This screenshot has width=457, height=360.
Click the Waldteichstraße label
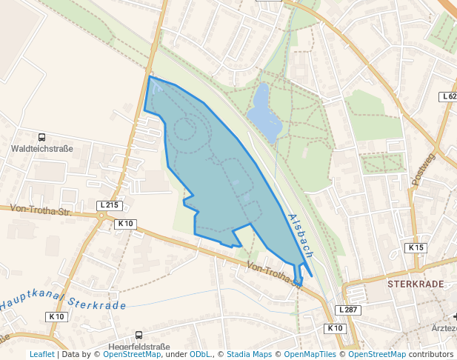[42, 149]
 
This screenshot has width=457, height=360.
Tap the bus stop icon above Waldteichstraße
[42, 137]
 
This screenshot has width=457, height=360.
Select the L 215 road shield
[109, 205]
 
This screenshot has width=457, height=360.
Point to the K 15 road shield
[416, 247]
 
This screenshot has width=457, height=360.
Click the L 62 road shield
[448, 97]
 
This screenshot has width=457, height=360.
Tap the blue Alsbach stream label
[301, 236]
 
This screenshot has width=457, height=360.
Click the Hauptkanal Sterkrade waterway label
[63, 303]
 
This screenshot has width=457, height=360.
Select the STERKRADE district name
[415, 284]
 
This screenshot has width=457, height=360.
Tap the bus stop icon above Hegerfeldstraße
[139, 335]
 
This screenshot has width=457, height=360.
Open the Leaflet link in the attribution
[41, 354]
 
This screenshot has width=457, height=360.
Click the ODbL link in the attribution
[200, 354]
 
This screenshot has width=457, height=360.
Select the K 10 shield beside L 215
[125, 223]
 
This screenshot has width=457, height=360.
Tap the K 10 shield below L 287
[335, 327]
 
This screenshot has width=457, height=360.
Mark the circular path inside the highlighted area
[184, 131]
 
